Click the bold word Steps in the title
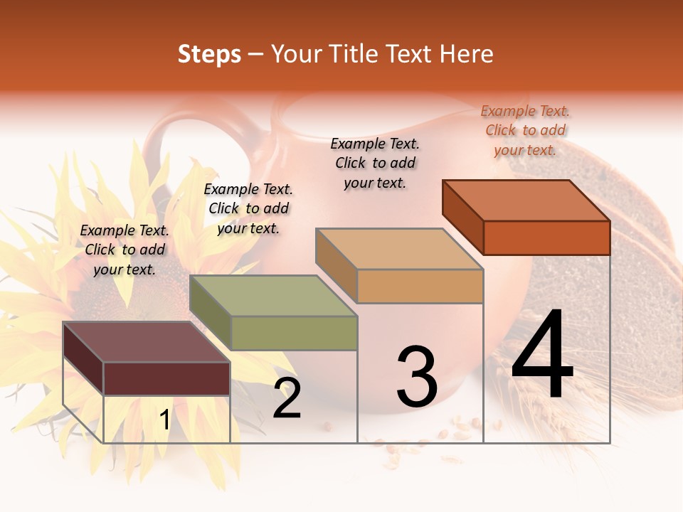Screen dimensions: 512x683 pos(209,55)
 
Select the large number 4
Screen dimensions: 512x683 pos(542,356)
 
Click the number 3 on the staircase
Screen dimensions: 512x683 pos(417,378)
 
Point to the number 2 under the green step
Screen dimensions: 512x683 pos(287,399)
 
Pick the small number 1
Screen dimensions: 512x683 pos(164,420)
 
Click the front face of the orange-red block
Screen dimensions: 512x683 pos(546,238)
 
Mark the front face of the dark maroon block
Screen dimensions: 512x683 pos(166,378)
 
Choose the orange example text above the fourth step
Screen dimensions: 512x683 pos(525,130)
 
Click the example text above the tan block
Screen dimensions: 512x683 pos(375,163)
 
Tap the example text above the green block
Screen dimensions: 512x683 pos(248,208)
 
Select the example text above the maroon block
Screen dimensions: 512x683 pos(125,250)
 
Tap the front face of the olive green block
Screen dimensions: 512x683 pos(294,333)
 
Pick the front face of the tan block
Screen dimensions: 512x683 pos(420,286)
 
